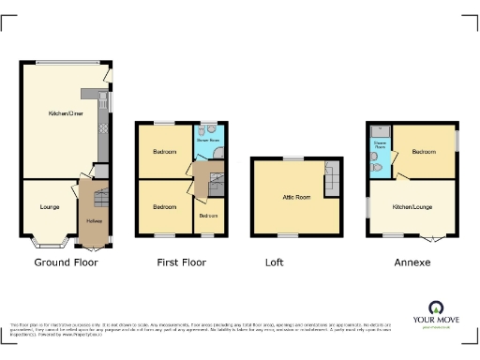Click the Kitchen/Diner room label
click(63, 113)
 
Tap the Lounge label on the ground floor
click(50, 205)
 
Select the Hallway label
click(94, 220)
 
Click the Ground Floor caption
click(66, 262)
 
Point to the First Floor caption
click(181, 262)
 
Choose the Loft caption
click(275, 262)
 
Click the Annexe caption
click(412, 262)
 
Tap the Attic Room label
click(296, 198)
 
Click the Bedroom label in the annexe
click(425, 150)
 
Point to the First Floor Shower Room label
click(207, 140)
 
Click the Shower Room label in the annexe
click(380, 146)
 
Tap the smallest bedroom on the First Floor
click(206, 217)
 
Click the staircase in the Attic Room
click(331, 178)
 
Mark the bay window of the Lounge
click(45, 239)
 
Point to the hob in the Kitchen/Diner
click(103, 122)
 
